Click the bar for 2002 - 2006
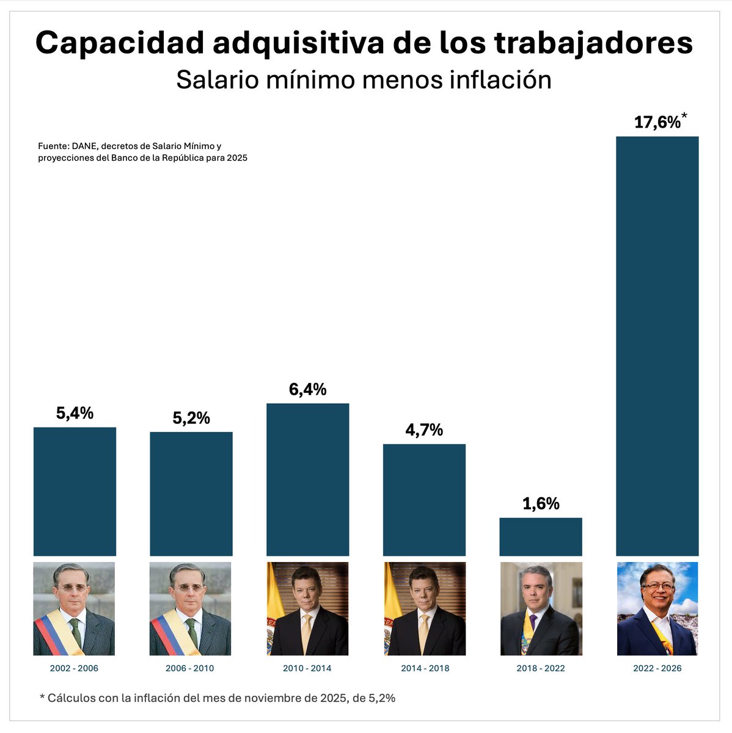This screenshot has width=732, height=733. coord(75,491)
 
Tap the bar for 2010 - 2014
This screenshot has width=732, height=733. coord(308,480)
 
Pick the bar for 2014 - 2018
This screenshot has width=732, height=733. coord(424,500)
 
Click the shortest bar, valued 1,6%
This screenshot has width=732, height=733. coord(541,537)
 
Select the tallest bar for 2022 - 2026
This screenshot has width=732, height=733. coord(657,346)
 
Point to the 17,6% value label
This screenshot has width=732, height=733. coord(657,123)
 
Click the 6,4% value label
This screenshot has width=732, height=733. coord(308,390)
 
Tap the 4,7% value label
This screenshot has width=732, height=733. coord(424,430)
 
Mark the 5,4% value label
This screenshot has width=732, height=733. coord(75,414)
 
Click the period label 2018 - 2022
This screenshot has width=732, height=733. coord(541,668)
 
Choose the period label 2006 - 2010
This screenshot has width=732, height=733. coord(190,668)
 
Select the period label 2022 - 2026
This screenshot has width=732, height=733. coord(657,668)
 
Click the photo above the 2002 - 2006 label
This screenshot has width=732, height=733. coord(74,608)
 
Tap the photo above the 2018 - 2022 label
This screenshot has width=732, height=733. coord(541,608)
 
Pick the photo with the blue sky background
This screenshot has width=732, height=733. coord(657,608)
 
